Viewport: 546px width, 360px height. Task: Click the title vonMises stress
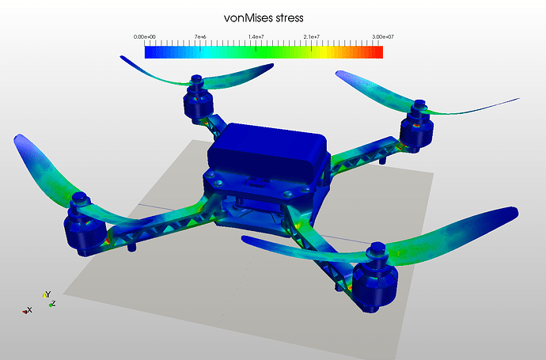[x=264, y=18]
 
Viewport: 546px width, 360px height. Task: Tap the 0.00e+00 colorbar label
[x=145, y=37]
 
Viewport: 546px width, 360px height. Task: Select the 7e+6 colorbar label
[x=200, y=37]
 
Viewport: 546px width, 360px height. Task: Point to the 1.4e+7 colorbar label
[x=256, y=37]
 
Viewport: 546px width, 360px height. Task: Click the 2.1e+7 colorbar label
[x=311, y=37]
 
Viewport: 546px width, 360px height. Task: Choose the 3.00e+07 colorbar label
[x=383, y=37]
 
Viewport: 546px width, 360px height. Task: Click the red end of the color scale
[x=380, y=52]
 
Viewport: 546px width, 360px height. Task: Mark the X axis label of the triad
[x=30, y=310]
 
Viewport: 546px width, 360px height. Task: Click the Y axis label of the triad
[x=48, y=294]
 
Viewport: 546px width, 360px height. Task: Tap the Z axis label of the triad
[x=53, y=304]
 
